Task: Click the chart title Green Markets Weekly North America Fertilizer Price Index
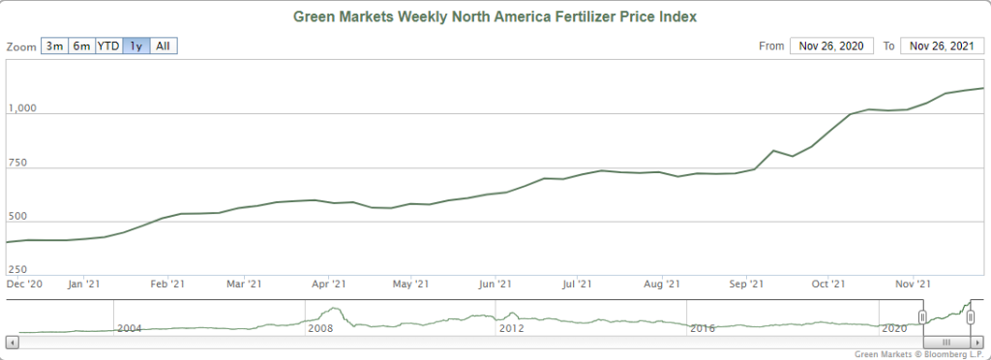tap(495, 17)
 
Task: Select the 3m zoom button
tap(54, 46)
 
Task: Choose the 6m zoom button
tap(81, 46)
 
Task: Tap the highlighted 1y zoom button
tap(136, 46)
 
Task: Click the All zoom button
tap(164, 46)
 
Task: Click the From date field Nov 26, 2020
tap(831, 46)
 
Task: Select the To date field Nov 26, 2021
tap(942, 46)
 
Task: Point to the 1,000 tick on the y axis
tap(21, 108)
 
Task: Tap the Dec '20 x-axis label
tap(24, 284)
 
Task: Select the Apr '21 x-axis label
tap(328, 284)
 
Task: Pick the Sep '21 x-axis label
tap(744, 284)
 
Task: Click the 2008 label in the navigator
tap(320, 329)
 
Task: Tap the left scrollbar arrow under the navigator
tap(12, 342)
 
